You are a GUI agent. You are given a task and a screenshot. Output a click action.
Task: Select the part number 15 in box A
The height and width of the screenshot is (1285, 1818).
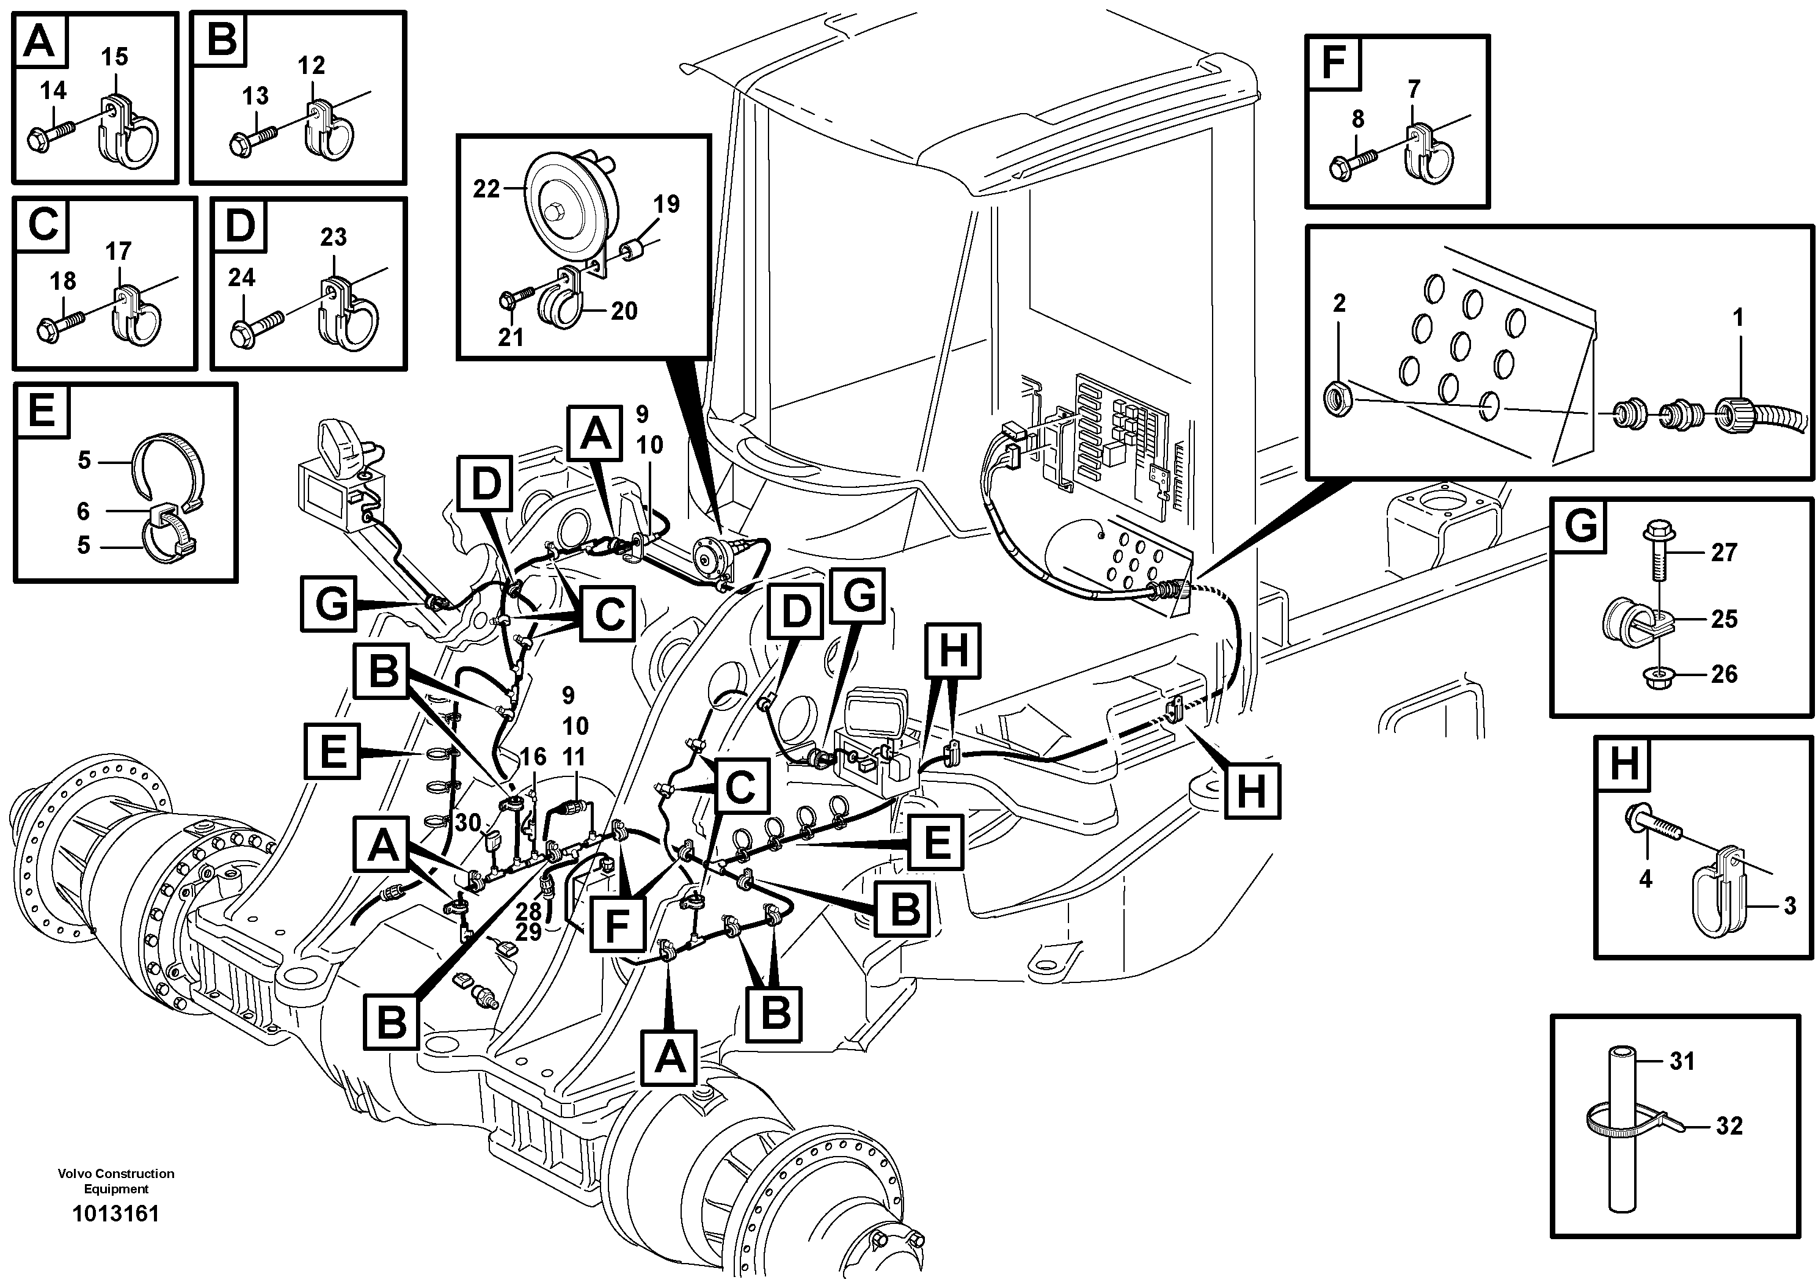115,57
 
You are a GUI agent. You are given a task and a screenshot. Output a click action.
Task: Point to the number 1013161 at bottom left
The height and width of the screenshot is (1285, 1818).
115,1213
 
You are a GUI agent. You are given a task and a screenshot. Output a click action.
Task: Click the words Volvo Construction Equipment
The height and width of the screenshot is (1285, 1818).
115,1180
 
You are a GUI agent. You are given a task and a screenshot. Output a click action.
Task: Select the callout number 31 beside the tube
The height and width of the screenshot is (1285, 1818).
1682,1061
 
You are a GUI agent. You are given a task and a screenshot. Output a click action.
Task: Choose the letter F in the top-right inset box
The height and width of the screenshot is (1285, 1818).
1334,62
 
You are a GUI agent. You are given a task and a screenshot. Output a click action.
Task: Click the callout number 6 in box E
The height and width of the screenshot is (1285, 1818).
83,511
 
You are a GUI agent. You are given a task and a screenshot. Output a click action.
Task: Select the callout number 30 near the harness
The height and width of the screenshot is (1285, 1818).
467,822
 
